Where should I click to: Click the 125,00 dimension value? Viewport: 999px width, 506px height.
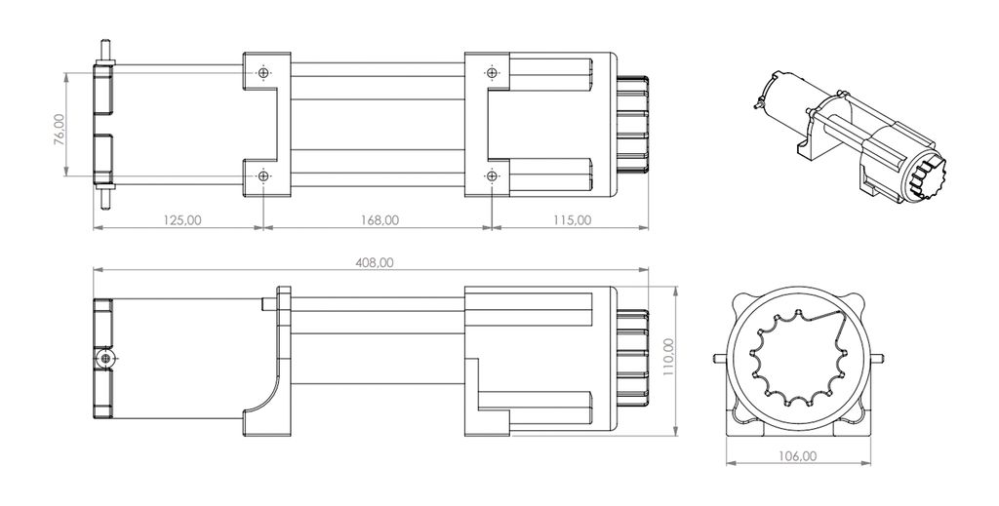point(182,220)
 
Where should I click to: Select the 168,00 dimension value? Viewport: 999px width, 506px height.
point(380,220)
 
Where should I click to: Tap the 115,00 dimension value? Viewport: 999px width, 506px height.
point(572,220)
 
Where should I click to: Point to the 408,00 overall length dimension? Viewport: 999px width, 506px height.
point(375,262)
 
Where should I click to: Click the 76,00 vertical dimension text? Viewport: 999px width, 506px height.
point(60,130)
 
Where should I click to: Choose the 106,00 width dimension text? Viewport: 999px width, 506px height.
point(797,455)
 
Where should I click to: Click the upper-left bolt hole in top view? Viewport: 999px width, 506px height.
point(263,72)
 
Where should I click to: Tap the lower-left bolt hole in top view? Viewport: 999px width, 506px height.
point(263,175)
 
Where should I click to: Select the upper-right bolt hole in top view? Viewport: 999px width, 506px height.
point(492,72)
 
